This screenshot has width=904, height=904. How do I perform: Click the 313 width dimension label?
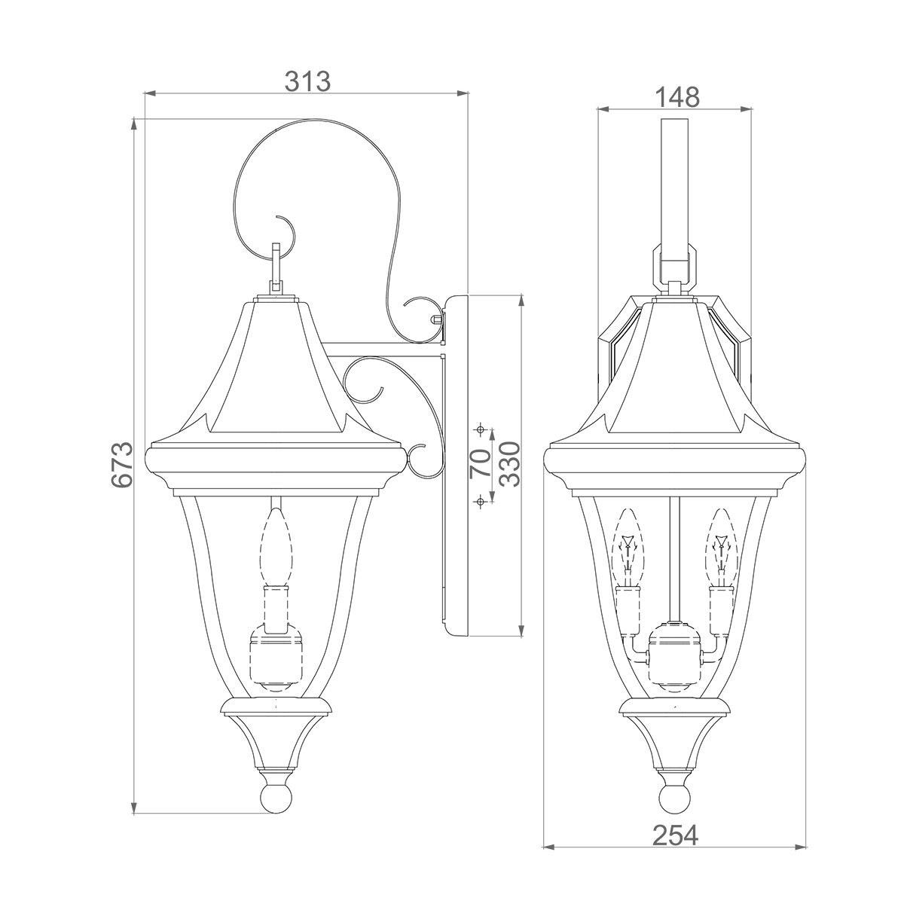[308, 81]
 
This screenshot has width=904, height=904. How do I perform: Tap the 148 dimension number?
[676, 98]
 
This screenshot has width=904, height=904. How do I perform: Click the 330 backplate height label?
[510, 464]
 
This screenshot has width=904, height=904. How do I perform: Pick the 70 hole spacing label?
[480, 463]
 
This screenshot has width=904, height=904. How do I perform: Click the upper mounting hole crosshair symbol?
[480, 429]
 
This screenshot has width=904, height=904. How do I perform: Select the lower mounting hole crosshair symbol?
[479, 502]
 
